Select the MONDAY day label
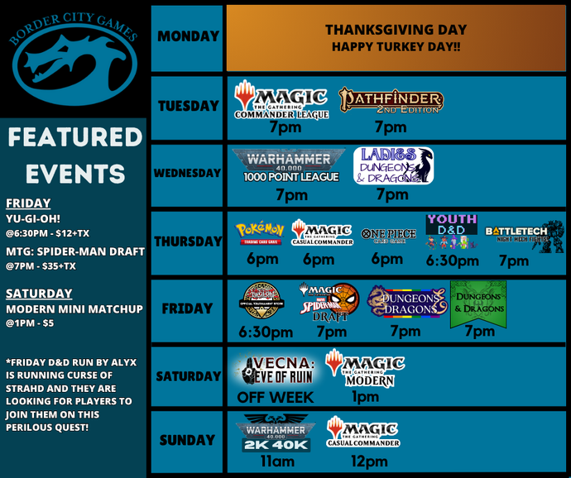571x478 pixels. tap(188, 37)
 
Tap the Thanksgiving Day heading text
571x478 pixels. tap(396, 30)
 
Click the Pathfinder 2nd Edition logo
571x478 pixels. tap(391, 101)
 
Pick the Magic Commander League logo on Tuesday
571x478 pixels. tap(281, 100)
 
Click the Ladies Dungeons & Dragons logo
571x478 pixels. tap(393, 165)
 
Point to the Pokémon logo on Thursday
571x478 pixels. tap(260, 232)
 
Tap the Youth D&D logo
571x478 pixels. tap(452, 232)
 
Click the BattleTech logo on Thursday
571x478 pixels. tap(523, 234)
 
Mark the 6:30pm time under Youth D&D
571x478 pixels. tap(452, 261)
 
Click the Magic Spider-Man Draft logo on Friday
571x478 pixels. tap(331, 302)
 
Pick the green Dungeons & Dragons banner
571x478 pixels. tap(478, 303)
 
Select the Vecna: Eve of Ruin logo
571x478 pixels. tap(275, 370)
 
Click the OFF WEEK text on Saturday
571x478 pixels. tap(275, 398)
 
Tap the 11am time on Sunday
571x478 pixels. tap(277, 461)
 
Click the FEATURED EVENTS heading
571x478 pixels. tap(74, 155)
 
